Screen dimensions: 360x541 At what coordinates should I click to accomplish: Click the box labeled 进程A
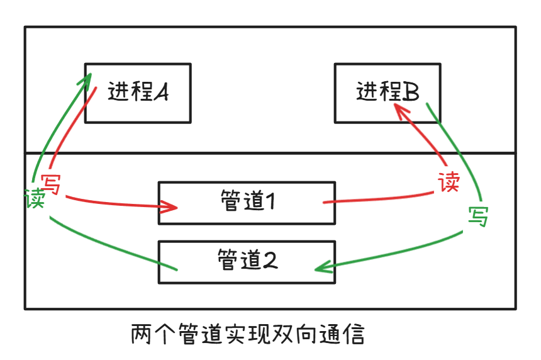click(x=138, y=93)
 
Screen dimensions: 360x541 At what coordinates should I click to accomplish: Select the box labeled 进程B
click(x=387, y=93)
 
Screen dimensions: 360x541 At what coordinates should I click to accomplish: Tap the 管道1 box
click(x=246, y=203)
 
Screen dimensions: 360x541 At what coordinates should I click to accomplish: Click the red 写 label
click(x=51, y=184)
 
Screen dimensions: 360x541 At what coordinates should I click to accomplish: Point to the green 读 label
click(x=35, y=200)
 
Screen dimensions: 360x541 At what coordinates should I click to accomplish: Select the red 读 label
click(x=449, y=183)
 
